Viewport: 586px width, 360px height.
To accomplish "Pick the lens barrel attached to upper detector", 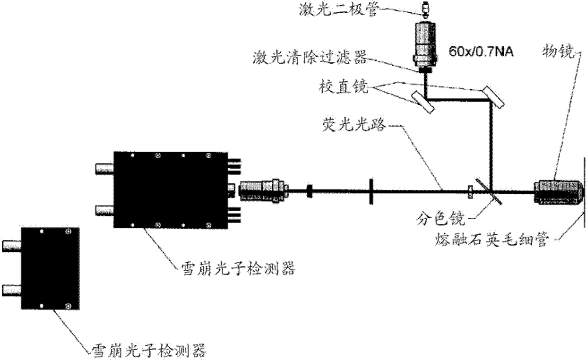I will tap(263, 190).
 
